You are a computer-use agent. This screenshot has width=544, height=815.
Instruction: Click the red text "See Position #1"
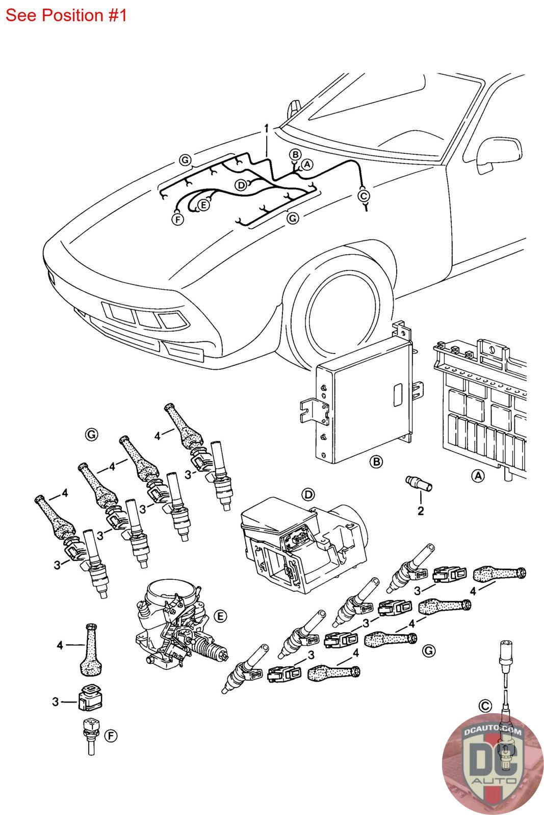coord(66,15)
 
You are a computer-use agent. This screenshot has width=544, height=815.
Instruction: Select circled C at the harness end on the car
coord(364,196)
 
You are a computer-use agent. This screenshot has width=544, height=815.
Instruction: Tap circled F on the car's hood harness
coord(177,220)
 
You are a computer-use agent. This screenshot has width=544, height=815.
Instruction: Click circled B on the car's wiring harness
coord(295,154)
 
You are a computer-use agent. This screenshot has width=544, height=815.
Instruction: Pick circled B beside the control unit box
coord(376,462)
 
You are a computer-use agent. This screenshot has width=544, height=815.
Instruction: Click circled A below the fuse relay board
coord(478,476)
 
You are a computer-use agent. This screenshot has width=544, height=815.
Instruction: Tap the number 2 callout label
coord(421,511)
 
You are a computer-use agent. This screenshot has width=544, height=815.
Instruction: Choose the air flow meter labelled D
coord(301,550)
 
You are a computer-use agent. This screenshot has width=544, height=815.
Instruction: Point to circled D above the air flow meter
coord(308,494)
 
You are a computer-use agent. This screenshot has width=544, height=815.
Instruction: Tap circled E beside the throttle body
coord(220,616)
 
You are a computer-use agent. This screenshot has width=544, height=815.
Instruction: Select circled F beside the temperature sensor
coord(111,736)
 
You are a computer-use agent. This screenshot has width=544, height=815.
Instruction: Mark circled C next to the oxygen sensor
coord(485,706)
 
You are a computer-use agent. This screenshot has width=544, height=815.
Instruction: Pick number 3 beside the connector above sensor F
coord(56,702)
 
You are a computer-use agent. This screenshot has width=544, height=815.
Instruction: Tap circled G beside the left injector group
coord(91,434)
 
